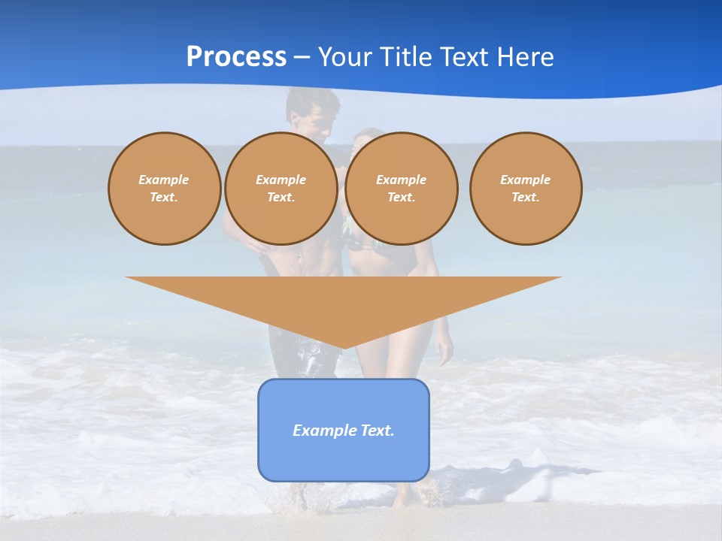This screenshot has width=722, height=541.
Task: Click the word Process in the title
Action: [236, 57]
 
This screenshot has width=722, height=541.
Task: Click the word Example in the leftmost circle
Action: [164, 180]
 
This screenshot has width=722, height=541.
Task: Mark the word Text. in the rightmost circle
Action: [526, 198]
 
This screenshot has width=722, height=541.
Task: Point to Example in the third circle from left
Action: [401, 180]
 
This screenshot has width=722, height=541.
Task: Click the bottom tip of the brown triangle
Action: [344, 346]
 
